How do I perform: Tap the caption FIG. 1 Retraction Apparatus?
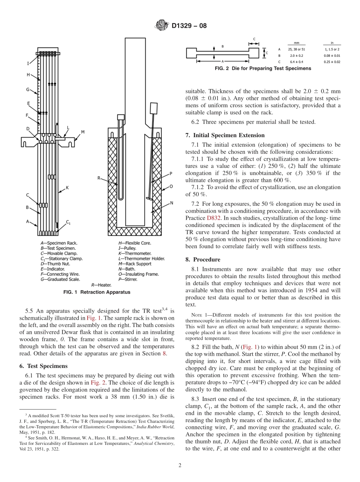click(x=97, y=292)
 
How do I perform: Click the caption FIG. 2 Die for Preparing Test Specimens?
click(x=263, y=69)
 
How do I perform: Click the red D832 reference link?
click(x=213, y=218)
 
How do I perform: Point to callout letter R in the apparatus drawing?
click(x=99, y=178)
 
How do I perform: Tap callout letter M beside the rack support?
click(x=83, y=132)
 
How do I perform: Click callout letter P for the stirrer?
click(x=171, y=174)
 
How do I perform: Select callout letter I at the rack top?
click(x=27, y=64)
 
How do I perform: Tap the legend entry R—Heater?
click(x=102, y=284)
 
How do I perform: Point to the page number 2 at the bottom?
click(x=180, y=465)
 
